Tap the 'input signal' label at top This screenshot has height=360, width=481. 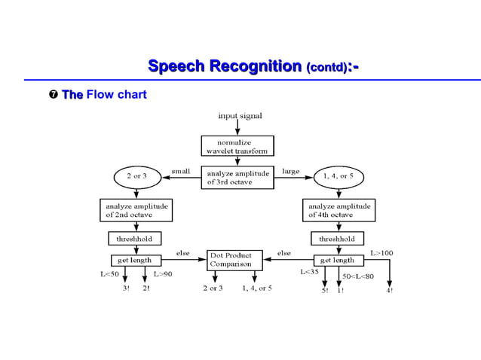click(240, 116)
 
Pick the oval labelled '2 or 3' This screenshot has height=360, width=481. click(137, 176)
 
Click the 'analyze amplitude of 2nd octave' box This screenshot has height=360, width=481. click(136, 209)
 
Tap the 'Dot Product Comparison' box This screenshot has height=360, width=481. click(235, 261)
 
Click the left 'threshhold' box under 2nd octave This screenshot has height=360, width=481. click(133, 239)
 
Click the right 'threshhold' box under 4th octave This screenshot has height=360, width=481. click(337, 239)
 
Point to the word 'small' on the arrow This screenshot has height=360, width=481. click(182, 172)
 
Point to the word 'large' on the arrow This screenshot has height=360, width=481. click(290, 172)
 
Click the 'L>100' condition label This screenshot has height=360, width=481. click(381, 253)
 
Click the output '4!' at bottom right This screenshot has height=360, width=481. click(389, 290)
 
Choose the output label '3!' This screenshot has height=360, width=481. click(126, 288)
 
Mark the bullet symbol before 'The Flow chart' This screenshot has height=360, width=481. click(54, 95)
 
